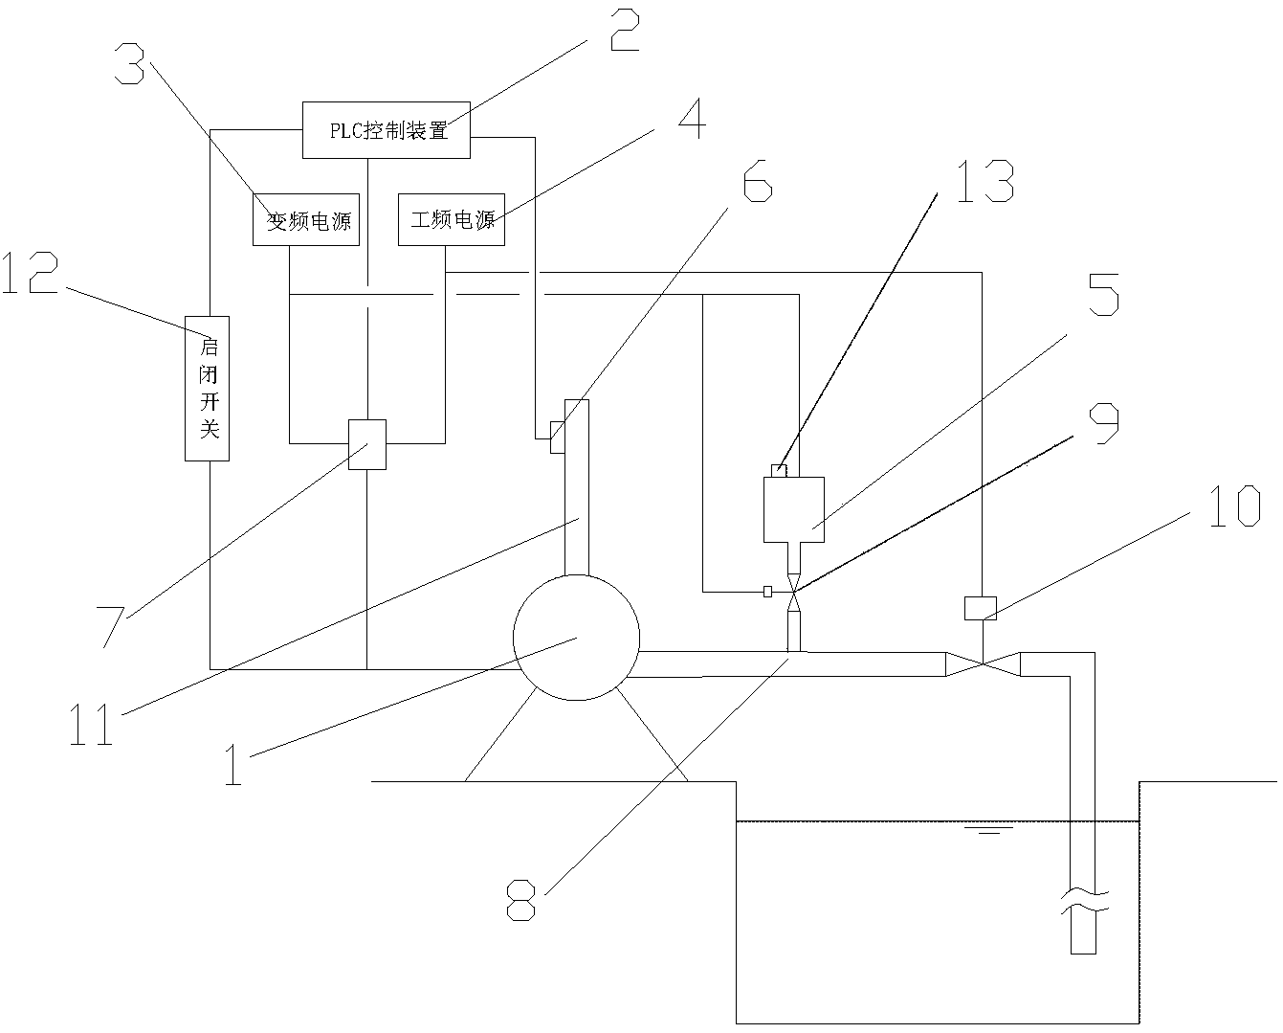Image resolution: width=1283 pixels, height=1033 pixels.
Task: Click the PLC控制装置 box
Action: pyautogui.click(x=387, y=130)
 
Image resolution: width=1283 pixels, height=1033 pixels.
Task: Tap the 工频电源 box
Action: pyautogui.click(x=452, y=219)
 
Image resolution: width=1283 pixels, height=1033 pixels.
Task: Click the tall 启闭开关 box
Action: pyautogui.click(x=207, y=388)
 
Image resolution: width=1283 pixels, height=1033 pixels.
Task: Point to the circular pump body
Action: pyautogui.click(x=576, y=637)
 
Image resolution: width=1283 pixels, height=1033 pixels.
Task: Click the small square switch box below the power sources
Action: pyautogui.click(x=367, y=444)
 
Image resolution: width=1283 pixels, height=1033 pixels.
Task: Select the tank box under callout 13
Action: pyautogui.click(x=794, y=508)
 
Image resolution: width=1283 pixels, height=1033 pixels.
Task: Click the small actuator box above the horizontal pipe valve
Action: pyautogui.click(x=980, y=607)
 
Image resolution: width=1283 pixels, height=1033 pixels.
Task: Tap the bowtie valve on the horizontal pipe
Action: pyautogui.click(x=983, y=663)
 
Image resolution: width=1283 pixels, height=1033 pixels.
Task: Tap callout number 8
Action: pyautogui.click(x=520, y=899)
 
